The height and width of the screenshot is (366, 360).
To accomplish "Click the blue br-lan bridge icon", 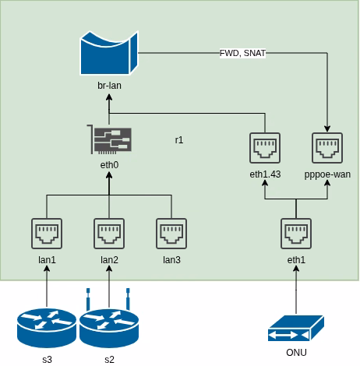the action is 109,53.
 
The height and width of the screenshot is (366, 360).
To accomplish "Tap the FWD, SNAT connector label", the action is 242,53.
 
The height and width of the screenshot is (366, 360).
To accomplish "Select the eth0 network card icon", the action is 109,139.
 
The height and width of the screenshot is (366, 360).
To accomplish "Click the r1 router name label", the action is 179,140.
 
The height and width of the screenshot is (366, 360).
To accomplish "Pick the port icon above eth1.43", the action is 265,148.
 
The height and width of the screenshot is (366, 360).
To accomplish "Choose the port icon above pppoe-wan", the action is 327,148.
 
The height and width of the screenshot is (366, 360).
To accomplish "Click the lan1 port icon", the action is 47,234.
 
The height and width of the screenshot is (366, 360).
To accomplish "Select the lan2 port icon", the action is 109,234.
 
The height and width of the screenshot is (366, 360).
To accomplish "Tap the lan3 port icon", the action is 171,234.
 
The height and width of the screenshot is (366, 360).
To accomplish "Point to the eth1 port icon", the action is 296,234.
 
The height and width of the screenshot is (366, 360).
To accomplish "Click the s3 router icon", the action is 47,328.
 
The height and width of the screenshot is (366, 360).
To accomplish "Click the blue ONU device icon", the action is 296,328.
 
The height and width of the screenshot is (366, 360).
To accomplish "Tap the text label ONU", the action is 296,353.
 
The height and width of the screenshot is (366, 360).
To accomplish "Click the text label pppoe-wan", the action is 327,174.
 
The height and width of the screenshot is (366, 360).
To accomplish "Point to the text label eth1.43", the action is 265,174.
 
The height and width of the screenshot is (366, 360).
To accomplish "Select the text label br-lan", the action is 109,86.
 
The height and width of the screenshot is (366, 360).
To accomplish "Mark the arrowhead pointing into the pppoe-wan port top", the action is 327,128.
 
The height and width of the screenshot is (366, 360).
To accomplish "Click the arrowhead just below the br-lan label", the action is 109,97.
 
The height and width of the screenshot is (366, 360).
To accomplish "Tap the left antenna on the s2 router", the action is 88,299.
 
